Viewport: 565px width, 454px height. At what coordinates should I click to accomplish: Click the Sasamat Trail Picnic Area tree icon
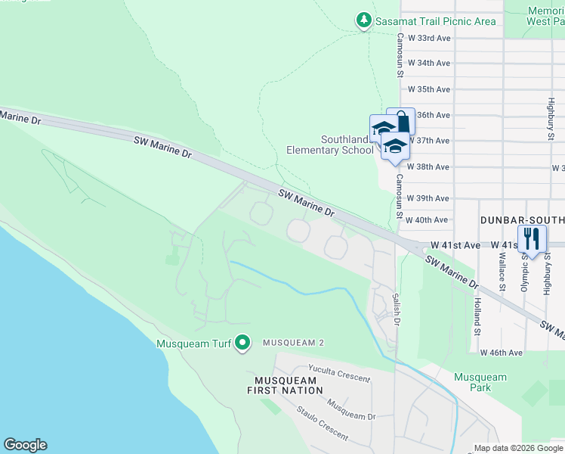pos(364,20)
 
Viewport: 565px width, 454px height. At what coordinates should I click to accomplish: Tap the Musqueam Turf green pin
pos(242,344)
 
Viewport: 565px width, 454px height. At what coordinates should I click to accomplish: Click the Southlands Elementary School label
pos(330,145)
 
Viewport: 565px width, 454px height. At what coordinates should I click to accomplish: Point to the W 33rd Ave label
pos(428,37)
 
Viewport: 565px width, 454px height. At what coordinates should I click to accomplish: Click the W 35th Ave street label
pos(428,89)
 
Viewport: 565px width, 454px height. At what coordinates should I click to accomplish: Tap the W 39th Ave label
pos(428,198)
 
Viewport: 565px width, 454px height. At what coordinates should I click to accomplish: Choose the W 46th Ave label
pos(501,353)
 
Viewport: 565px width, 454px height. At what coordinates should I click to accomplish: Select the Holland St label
pos(477,316)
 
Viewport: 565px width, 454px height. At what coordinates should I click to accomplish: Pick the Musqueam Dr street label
pos(350,409)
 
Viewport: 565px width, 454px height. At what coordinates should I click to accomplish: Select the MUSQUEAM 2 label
pos(293,343)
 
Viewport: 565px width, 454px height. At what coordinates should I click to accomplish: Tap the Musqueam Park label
pos(480,382)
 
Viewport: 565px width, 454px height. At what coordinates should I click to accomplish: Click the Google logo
pos(25,445)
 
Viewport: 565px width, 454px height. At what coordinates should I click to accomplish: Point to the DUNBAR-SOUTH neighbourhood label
pos(522,220)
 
